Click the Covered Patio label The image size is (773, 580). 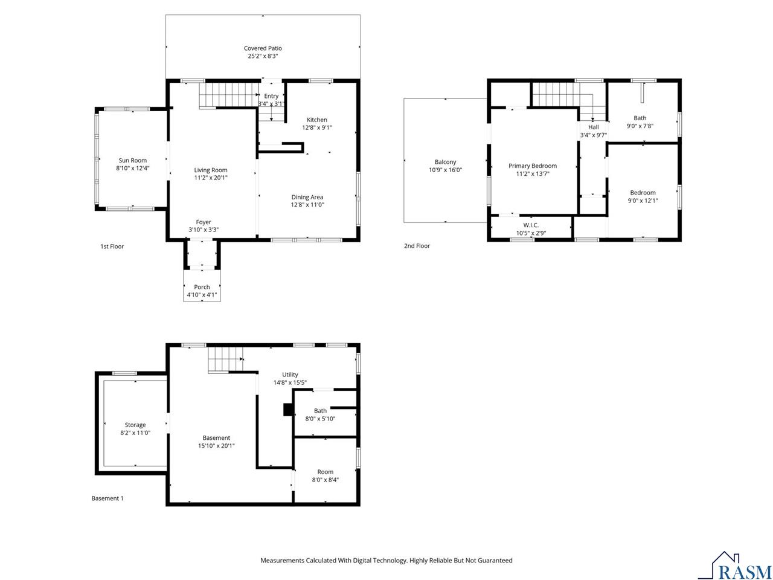(x=263, y=48)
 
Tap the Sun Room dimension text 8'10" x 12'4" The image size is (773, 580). (x=132, y=169)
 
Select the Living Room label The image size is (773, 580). (x=211, y=170)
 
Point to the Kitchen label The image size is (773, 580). (x=316, y=120)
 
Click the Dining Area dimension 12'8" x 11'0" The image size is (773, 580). (x=307, y=205)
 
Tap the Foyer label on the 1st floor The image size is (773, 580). (x=204, y=222)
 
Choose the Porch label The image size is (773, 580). (x=202, y=287)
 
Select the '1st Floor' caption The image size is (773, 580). (x=112, y=246)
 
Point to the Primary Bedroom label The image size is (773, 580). (x=532, y=166)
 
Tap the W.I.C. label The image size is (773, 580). (x=531, y=225)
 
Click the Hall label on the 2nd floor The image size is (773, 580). (x=593, y=127)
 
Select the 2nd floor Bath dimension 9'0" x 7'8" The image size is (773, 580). (x=640, y=126)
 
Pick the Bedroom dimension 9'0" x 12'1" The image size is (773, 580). (x=643, y=201)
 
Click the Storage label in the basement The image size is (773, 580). (x=135, y=425)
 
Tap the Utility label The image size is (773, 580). (x=290, y=375)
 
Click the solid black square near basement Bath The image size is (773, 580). (x=288, y=410)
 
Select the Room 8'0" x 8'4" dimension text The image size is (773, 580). (x=325, y=480)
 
